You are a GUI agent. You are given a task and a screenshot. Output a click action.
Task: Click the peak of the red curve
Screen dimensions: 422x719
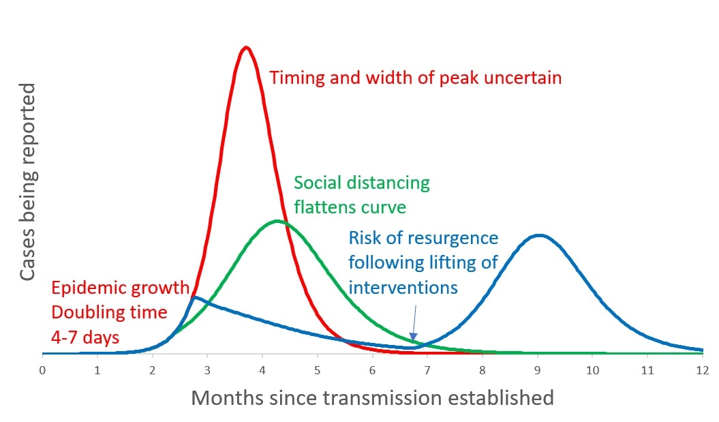[x=246, y=47]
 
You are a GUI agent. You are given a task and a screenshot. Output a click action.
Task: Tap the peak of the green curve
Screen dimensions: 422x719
[x=277, y=221]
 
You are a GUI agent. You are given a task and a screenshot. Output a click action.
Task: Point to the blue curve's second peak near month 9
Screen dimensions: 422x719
[x=539, y=235]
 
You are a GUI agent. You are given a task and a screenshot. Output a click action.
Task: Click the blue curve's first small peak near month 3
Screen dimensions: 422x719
[x=196, y=297]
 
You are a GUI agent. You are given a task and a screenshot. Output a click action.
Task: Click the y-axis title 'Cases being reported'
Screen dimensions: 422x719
[x=28, y=182]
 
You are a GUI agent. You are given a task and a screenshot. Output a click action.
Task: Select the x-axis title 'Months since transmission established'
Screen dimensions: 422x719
[x=372, y=397]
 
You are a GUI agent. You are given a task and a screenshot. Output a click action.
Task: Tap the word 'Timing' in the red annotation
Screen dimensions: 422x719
[x=294, y=78]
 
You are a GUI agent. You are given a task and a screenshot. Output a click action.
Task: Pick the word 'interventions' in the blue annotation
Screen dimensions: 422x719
[x=403, y=287]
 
